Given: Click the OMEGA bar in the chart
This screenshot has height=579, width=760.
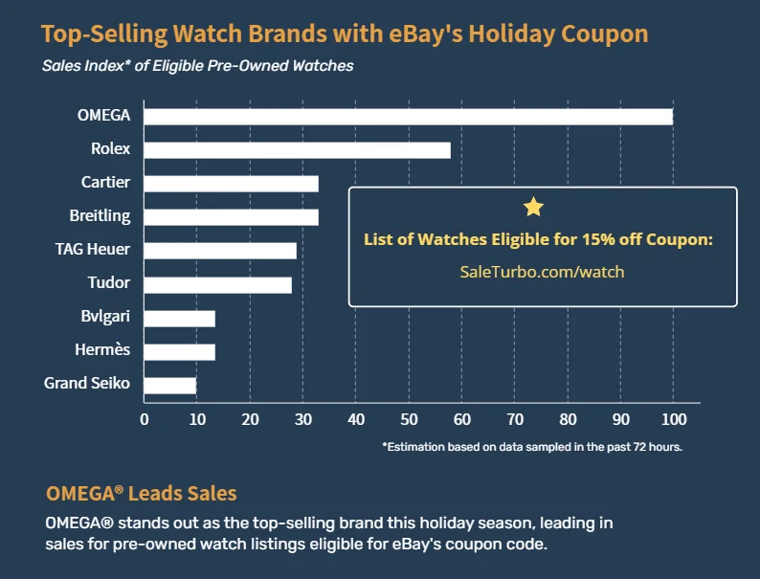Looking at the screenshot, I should [x=409, y=117].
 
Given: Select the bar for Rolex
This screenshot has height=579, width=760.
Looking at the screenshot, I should [x=297, y=150].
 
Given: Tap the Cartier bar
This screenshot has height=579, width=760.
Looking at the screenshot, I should [x=231, y=184].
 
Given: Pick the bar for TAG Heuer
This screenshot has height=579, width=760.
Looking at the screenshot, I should [x=220, y=251].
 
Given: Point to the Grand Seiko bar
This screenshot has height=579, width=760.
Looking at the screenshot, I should [x=170, y=385].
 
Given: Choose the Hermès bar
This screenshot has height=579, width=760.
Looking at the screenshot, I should [x=180, y=351].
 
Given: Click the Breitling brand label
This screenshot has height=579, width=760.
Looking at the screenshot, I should [x=100, y=216].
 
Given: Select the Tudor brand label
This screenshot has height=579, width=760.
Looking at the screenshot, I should [x=108, y=283].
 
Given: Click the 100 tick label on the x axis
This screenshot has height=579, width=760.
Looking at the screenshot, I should [x=673, y=419].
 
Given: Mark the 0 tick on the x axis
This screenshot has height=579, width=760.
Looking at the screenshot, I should [x=145, y=419].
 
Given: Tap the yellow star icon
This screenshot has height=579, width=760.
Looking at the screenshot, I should [x=534, y=207].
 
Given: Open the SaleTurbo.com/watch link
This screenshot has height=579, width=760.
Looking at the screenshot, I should [x=542, y=272].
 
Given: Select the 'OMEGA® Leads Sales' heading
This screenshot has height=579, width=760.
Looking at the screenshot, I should [x=141, y=494].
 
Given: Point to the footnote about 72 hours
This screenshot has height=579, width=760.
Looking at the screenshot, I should [x=531, y=446].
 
